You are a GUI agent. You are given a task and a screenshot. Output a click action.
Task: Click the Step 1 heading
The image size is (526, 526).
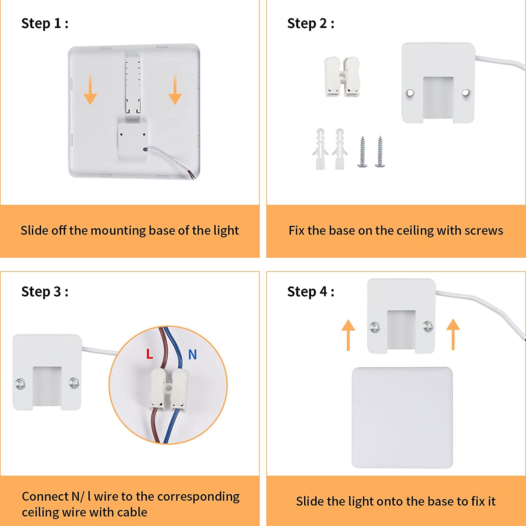(45, 23)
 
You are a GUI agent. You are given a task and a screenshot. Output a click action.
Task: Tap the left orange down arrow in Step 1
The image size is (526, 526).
(90, 90)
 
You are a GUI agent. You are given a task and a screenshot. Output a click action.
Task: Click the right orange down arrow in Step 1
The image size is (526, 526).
(175, 90)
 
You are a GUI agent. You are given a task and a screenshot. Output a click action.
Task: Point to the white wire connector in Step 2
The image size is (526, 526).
(342, 77)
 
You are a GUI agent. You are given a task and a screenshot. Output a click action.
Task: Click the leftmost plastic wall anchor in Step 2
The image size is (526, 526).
(321, 149)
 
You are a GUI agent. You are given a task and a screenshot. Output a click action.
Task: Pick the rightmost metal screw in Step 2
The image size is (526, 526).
(380, 151)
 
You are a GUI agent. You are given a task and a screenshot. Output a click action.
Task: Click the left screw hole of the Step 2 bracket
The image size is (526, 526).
(410, 93)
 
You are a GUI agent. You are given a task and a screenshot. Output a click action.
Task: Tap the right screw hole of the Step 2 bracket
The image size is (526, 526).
(466, 93)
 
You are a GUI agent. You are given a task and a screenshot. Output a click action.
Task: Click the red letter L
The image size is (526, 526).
(149, 354)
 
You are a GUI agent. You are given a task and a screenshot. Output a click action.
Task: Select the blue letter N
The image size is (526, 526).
(193, 355)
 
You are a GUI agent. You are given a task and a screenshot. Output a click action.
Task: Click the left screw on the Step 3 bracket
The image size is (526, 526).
(20, 384)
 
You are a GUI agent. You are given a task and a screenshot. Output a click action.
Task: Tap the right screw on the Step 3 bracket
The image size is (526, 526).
(74, 383)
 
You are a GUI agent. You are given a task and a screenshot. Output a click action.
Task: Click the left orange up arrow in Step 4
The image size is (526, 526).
(348, 335)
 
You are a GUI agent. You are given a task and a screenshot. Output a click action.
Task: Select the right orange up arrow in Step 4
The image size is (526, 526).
(453, 334)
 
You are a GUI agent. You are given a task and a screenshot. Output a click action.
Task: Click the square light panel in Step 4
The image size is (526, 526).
(402, 417)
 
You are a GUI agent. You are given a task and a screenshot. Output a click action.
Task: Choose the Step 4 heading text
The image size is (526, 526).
(311, 292)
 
